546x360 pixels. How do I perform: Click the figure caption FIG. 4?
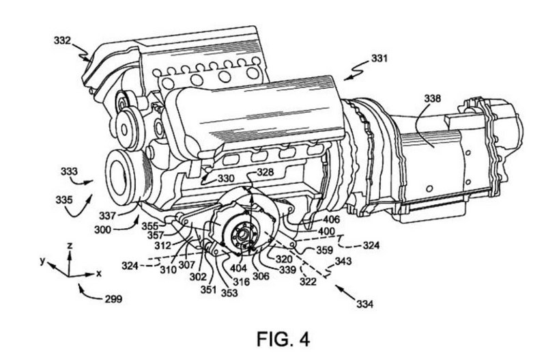pos(283,339)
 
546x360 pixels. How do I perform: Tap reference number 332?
pos(62,41)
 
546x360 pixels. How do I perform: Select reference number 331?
pos(379,58)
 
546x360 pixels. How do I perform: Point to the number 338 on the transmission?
pos(432,98)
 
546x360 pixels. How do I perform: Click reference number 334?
pos(364,304)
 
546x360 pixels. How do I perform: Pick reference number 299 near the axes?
pos(113,299)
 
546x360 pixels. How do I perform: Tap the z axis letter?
pos(70,246)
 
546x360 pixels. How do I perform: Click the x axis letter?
pos(99,273)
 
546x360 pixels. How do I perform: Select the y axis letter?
pos(42,260)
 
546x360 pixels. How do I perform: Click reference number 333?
pos(70,171)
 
